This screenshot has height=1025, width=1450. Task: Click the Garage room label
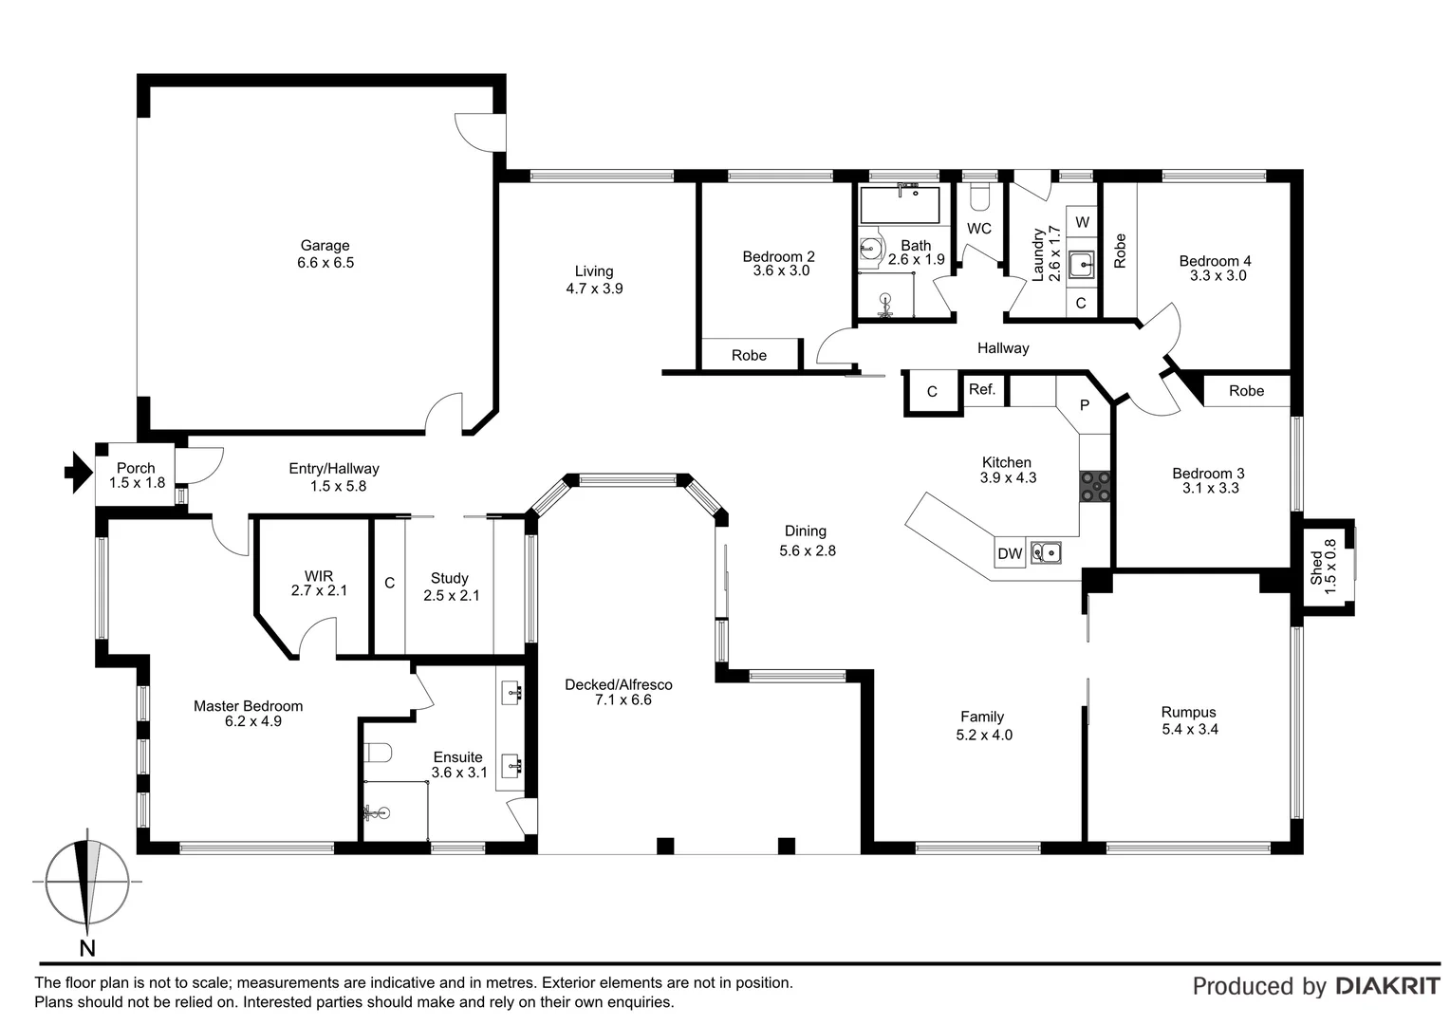tap(325, 246)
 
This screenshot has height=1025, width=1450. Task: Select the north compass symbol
tap(87, 885)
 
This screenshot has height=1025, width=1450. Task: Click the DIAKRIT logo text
tap(1386, 986)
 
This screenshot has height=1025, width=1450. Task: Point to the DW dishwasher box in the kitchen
tap(1010, 553)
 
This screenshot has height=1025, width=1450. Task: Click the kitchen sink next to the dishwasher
tap(1046, 551)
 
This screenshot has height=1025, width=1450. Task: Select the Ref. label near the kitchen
tap(982, 389)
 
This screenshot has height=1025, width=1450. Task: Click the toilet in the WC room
tap(980, 196)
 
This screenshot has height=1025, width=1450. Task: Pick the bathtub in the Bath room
tap(899, 204)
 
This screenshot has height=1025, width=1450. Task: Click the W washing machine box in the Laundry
tap(1082, 222)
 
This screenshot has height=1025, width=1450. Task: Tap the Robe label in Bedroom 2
tap(749, 355)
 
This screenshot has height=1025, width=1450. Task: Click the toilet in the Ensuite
tap(378, 754)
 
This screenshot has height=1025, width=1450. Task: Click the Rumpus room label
tap(1188, 712)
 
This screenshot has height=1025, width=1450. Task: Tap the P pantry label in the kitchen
tap(1085, 404)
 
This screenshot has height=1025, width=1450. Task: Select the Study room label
tap(449, 578)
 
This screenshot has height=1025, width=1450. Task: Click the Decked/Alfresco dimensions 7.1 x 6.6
tap(623, 700)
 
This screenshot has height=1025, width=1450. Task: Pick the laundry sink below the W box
tap(1081, 264)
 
